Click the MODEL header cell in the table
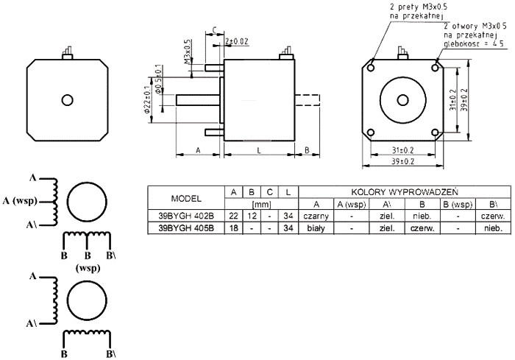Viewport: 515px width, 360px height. coord(186,198)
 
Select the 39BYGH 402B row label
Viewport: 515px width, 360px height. coord(186,216)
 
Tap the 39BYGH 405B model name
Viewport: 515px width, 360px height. coord(186,228)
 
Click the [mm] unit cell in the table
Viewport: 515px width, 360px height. coord(261,204)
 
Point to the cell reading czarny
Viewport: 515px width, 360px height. coord(316,216)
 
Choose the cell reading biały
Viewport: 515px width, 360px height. coord(316,228)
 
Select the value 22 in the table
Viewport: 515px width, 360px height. coord(233,216)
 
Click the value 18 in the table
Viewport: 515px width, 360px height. coord(233,228)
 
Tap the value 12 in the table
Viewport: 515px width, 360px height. coord(252,216)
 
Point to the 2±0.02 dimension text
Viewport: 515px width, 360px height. coord(238,41)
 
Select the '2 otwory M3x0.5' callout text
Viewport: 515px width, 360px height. coord(472,25)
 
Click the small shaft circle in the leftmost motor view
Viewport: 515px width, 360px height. coord(68,99)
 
